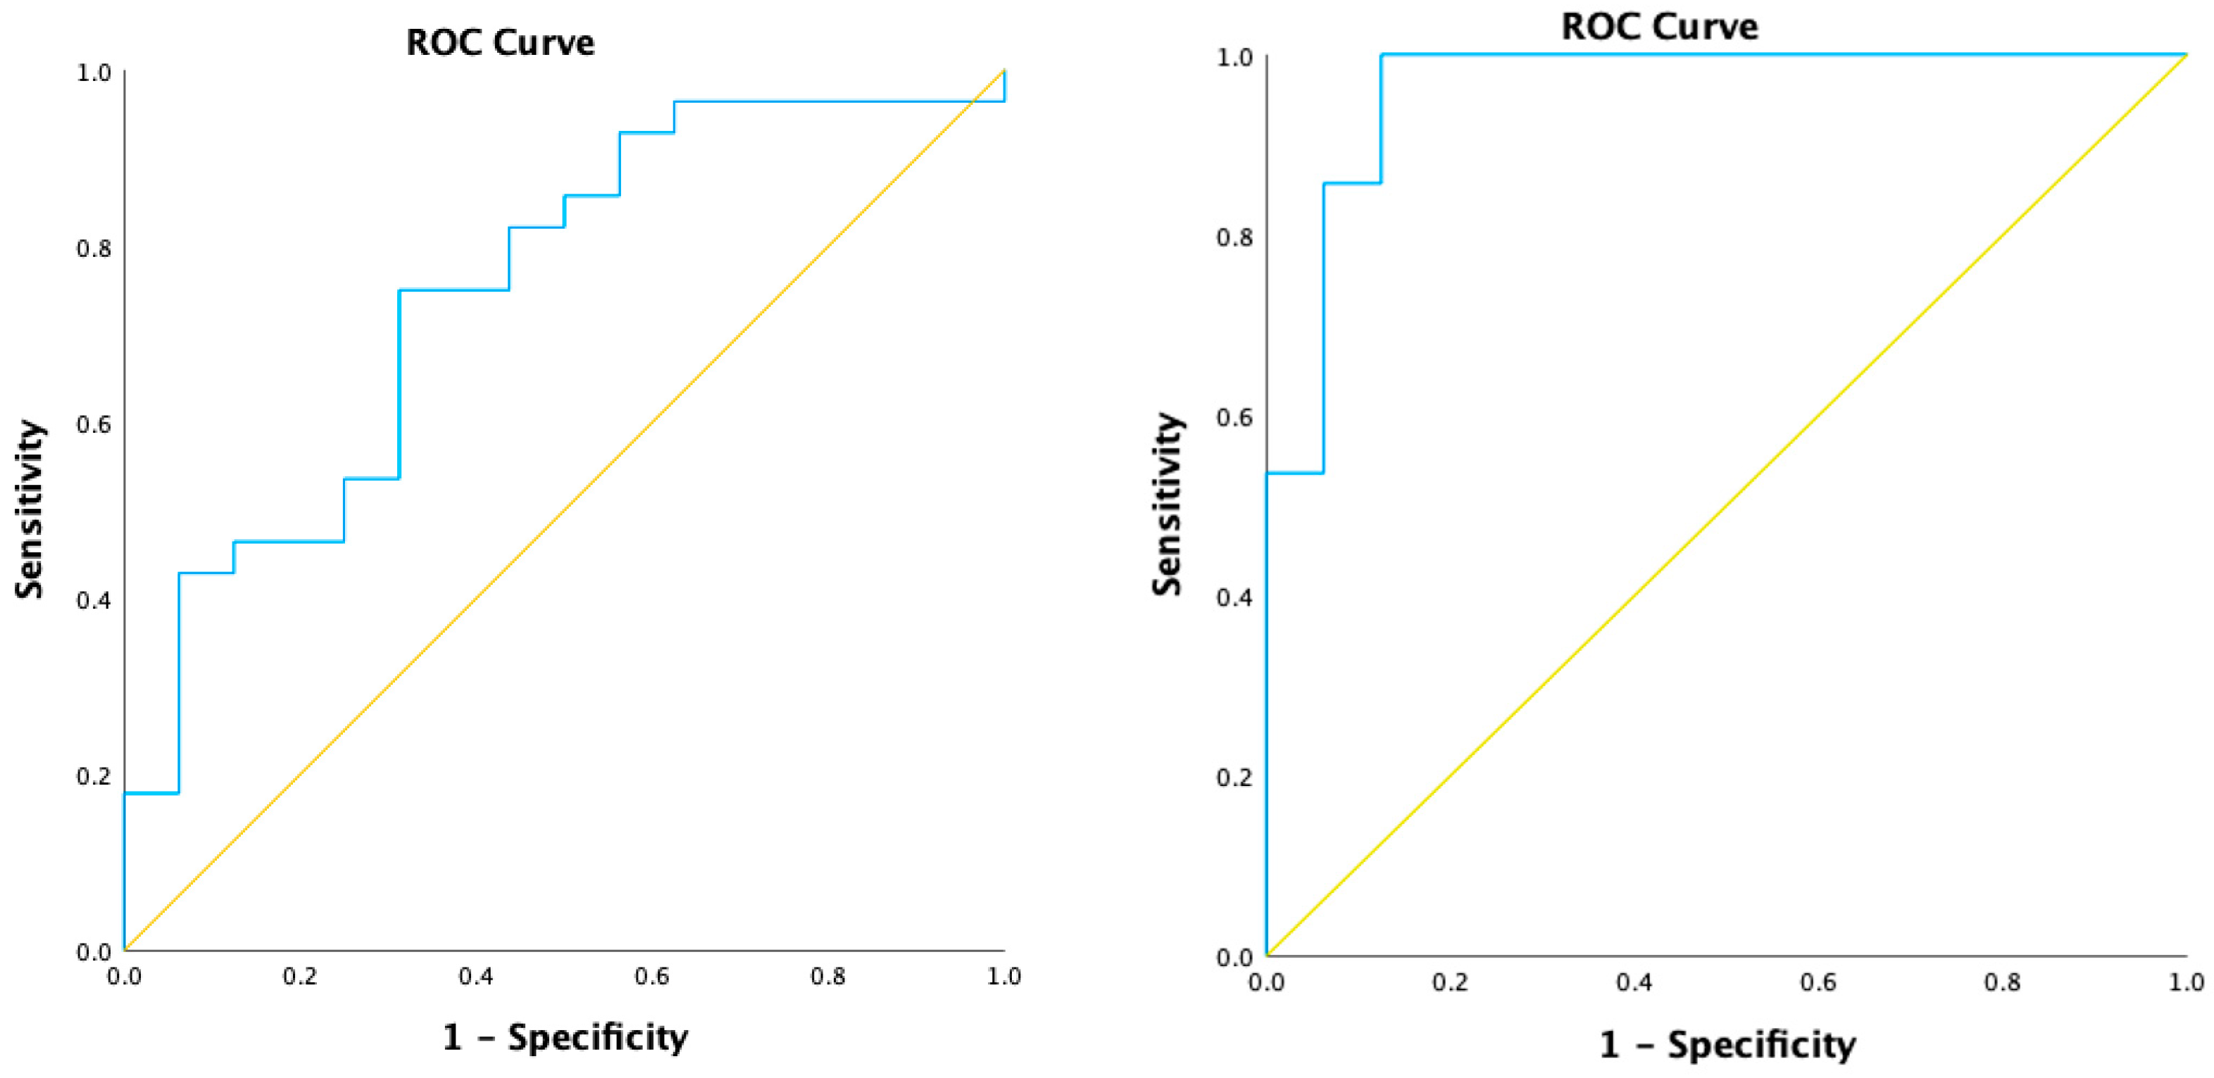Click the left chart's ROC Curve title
click(x=499, y=43)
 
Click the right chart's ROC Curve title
click(x=1659, y=27)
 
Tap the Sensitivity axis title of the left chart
click(x=29, y=509)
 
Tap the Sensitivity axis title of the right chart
click(x=1167, y=505)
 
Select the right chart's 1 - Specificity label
click(x=1727, y=1044)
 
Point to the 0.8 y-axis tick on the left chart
click(x=94, y=249)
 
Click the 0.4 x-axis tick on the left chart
click(x=475, y=977)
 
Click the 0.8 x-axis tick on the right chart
click(x=2002, y=982)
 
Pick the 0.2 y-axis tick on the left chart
click(x=94, y=775)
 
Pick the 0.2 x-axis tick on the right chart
click(x=1450, y=982)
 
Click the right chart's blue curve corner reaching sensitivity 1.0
click(x=1381, y=55)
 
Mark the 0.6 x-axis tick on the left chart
click(x=651, y=977)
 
